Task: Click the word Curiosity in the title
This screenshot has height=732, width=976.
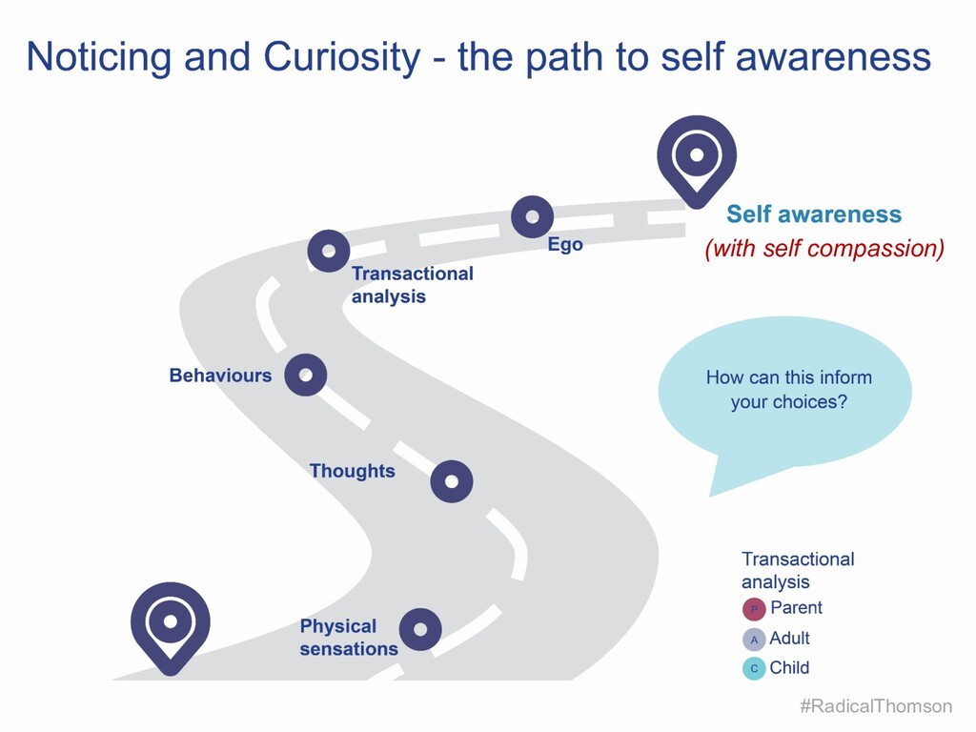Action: click(340, 57)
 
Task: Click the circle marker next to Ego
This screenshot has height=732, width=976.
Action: click(532, 216)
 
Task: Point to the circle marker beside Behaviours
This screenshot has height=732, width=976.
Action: click(306, 375)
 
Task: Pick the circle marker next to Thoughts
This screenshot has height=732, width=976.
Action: click(452, 481)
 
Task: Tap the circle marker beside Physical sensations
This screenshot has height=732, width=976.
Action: click(420, 629)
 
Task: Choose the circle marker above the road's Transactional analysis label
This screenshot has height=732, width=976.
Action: click(329, 252)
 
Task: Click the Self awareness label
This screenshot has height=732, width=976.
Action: click(813, 214)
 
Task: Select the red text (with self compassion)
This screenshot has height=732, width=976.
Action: click(824, 250)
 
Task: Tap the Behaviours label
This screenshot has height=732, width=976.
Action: click(220, 376)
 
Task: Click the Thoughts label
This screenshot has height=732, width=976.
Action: click(352, 471)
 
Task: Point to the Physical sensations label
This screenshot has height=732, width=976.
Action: click(348, 638)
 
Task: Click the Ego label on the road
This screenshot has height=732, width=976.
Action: click(565, 245)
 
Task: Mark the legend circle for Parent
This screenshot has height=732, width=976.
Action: click(754, 609)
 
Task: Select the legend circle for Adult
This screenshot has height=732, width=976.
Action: click(754, 640)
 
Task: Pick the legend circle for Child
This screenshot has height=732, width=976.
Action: click(754, 669)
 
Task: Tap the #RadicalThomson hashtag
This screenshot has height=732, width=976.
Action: click(876, 706)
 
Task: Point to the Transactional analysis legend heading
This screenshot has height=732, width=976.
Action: click(797, 570)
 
